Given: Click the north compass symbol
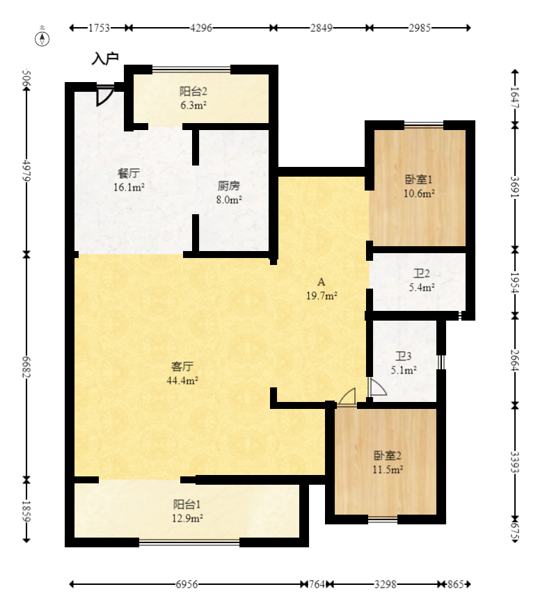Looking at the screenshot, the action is click(x=42, y=39).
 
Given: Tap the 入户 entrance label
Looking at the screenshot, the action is click(x=105, y=58).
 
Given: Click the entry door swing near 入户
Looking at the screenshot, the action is click(x=104, y=97).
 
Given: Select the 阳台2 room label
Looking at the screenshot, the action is click(x=193, y=91).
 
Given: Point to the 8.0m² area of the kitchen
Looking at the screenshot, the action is click(x=229, y=200).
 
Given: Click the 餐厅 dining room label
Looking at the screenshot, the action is click(x=129, y=173).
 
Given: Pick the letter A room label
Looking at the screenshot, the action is click(x=321, y=282).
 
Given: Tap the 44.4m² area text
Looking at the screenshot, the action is click(x=182, y=380).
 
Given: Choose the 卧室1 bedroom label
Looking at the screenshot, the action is click(x=418, y=179).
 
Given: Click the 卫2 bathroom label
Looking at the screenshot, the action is click(x=422, y=273).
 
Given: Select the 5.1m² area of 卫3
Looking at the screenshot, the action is click(x=404, y=369).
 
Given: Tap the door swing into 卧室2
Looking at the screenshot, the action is click(x=347, y=396).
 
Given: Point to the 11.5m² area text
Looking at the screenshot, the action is click(x=388, y=469).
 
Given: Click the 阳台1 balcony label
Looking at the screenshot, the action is click(x=187, y=504).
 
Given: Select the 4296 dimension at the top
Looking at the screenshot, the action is click(x=201, y=28).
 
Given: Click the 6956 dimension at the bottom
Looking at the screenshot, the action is click(x=186, y=584).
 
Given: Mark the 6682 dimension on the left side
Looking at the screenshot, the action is click(x=26, y=367).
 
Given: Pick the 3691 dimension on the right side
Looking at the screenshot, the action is click(x=516, y=187).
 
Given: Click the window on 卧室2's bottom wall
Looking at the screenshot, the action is click(x=383, y=519).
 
